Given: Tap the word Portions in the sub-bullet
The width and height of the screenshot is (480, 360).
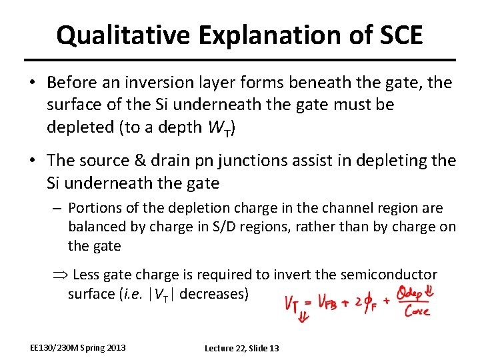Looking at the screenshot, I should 93,208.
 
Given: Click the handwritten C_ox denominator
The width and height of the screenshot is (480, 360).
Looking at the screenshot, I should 416,312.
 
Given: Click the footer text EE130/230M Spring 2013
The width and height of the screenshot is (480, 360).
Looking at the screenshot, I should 77,348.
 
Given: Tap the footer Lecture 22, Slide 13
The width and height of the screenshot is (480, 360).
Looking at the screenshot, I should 242,348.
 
